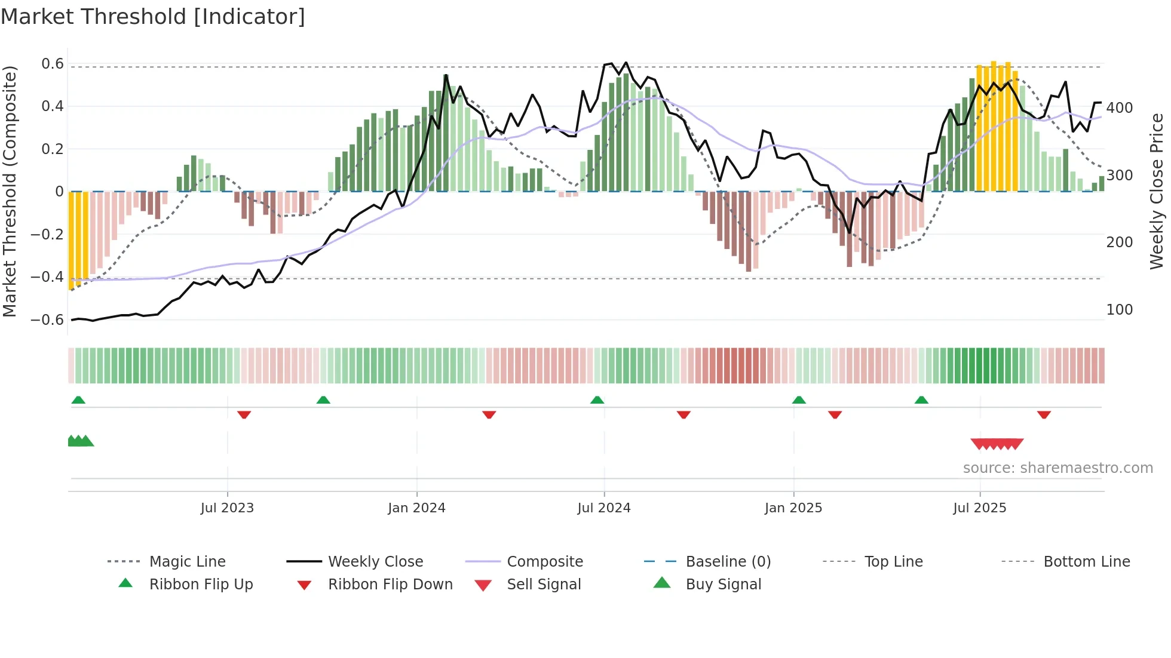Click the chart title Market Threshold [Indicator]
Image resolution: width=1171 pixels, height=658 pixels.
(x=153, y=17)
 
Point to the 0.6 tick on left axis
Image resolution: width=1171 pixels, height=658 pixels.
(x=53, y=64)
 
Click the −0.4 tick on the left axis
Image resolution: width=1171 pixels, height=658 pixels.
(x=47, y=277)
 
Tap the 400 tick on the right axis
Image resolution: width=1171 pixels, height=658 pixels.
(x=1119, y=108)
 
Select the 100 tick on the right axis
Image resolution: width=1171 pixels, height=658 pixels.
(x=1119, y=310)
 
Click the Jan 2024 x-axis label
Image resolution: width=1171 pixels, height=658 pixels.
(x=416, y=508)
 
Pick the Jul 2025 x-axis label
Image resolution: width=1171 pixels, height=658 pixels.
(x=979, y=508)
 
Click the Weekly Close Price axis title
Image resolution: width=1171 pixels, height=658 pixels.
(x=1157, y=191)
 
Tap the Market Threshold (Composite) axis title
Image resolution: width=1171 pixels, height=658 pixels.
(x=10, y=191)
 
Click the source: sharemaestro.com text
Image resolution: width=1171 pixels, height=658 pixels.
(x=1057, y=468)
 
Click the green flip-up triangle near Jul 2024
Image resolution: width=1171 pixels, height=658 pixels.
(x=597, y=400)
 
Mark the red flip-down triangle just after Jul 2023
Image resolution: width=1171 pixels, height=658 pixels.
(x=244, y=414)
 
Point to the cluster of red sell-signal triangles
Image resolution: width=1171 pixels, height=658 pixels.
(x=997, y=444)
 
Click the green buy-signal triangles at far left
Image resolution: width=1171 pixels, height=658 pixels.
(x=80, y=441)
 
